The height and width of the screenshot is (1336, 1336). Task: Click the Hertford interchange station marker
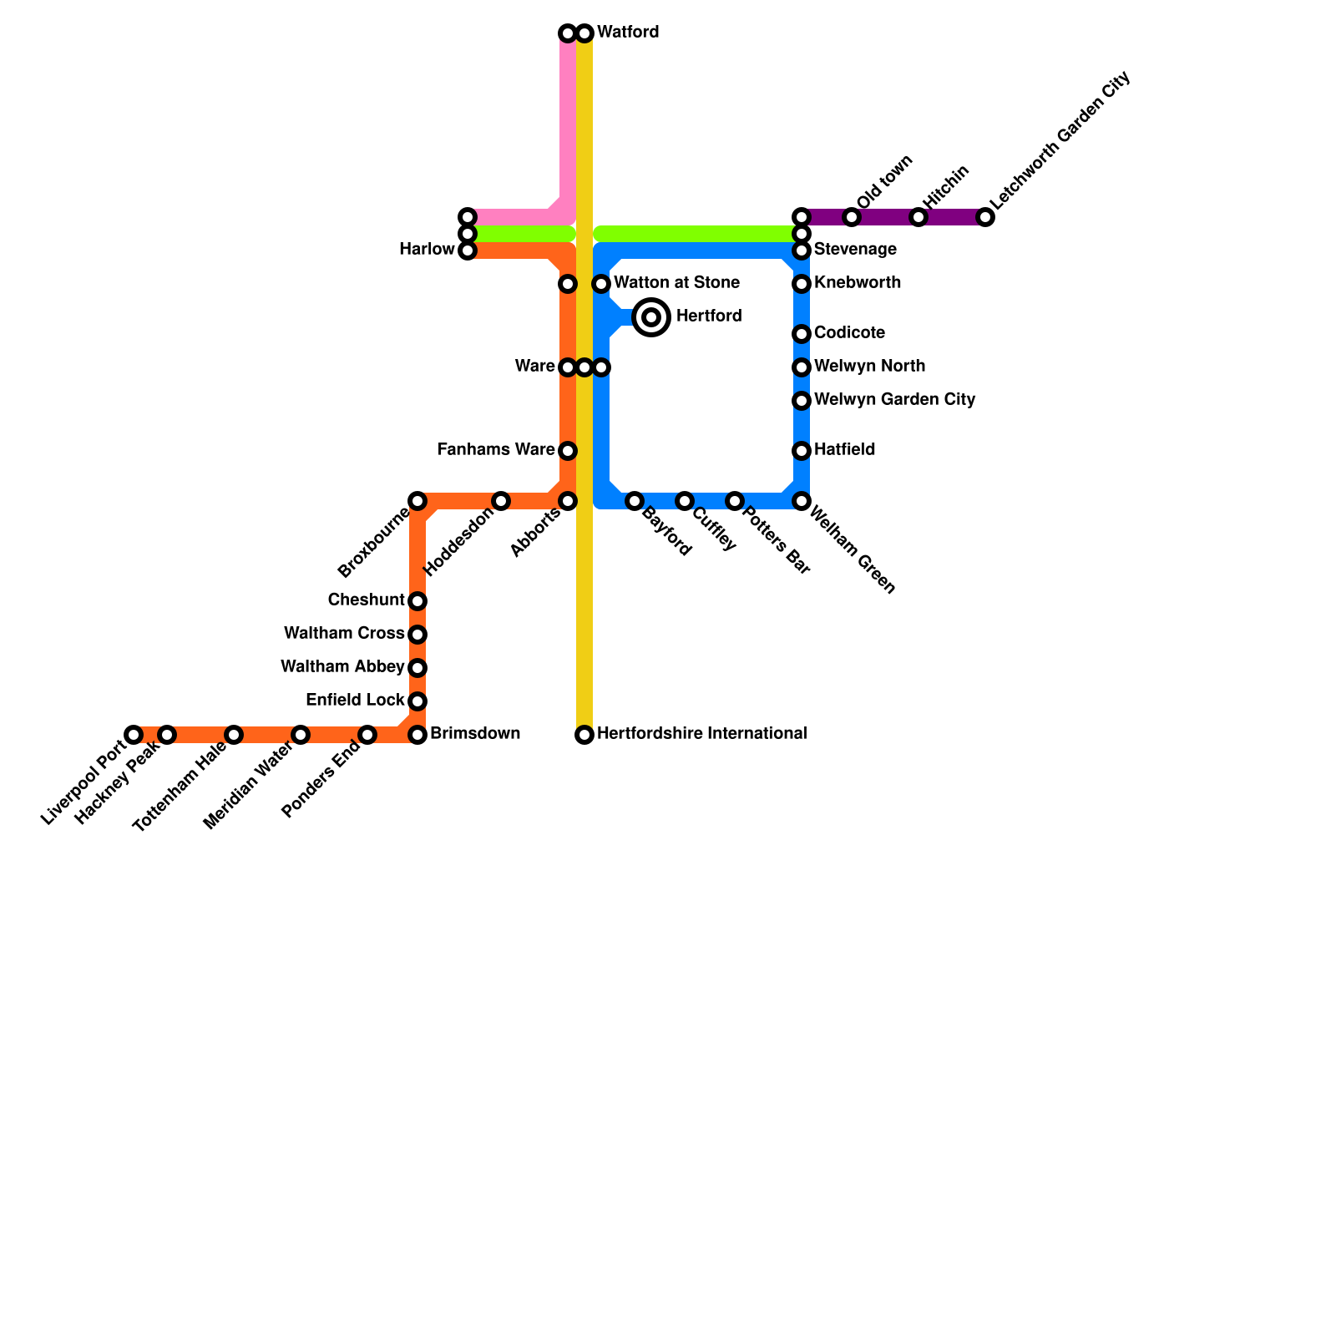click(651, 317)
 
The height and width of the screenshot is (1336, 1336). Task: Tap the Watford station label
click(628, 33)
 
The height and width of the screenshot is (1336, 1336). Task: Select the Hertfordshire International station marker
click(584, 735)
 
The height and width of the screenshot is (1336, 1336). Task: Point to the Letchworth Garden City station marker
click(985, 217)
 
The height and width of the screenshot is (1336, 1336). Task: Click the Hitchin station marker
click(918, 217)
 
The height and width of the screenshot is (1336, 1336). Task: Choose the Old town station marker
click(852, 217)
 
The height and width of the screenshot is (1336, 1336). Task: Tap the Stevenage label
click(855, 250)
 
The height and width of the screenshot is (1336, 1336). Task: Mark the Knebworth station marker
click(802, 284)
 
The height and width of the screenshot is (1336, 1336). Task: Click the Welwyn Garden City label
click(894, 400)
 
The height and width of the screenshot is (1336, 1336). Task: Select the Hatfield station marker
click(802, 451)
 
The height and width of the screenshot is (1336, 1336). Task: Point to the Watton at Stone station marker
click(601, 284)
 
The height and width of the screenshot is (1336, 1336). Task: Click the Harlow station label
click(427, 250)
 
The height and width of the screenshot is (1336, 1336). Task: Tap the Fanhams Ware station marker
click(568, 451)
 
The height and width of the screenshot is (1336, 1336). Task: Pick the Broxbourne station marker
click(417, 501)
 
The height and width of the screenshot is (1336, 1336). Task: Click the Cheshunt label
click(366, 600)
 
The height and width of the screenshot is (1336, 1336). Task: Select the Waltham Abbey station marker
click(417, 668)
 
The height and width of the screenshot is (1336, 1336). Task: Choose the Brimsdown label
click(475, 734)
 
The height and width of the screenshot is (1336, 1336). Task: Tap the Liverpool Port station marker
click(134, 735)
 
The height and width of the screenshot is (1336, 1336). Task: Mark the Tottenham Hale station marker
click(234, 735)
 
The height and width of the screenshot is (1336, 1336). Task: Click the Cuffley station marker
click(685, 501)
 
